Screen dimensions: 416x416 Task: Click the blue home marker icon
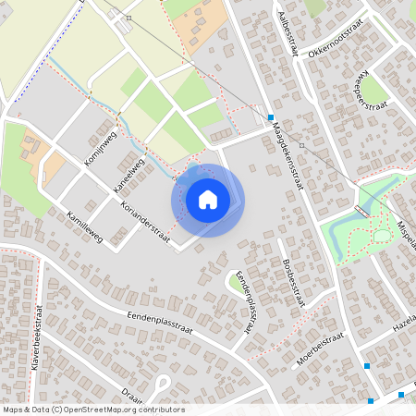pos(208,199)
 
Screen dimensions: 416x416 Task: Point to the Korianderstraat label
pos(146,217)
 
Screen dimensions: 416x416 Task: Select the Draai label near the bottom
pos(131,394)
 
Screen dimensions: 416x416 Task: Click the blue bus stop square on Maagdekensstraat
pos(270,117)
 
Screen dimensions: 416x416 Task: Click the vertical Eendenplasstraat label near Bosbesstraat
pos(246,300)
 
